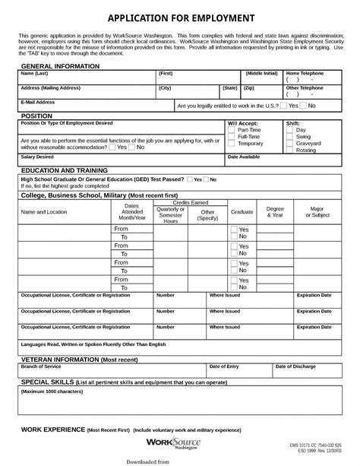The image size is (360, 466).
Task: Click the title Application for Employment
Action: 180,18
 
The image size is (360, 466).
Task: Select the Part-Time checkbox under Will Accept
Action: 231,129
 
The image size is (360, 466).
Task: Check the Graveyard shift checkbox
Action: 289,143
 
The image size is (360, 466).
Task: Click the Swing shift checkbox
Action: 289,136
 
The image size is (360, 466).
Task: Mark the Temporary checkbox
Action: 231,143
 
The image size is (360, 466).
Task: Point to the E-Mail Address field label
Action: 37,102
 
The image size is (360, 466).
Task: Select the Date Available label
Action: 244,156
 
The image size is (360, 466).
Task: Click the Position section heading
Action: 37,116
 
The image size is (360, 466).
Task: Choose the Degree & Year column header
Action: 275,212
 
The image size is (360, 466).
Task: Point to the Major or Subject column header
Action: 317,212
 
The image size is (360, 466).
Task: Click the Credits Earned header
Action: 191,203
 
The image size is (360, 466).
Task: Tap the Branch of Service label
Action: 41,366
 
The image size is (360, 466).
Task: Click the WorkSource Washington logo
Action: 171,442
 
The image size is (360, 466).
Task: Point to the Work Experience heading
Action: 52,430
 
